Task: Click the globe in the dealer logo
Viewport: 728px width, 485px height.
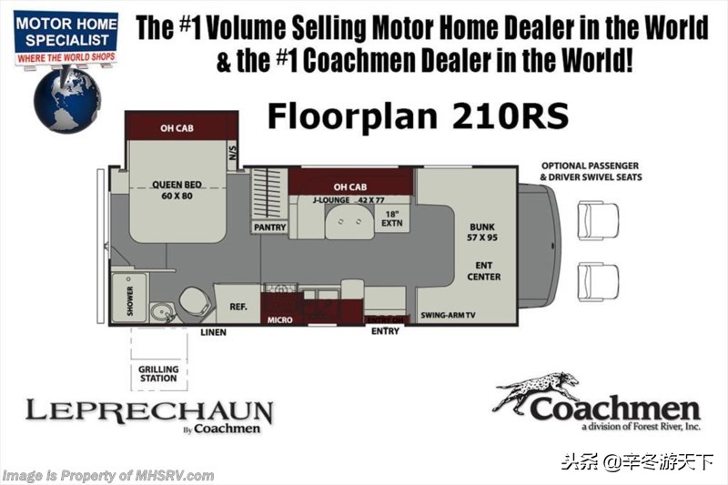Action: pyautogui.click(x=66, y=100)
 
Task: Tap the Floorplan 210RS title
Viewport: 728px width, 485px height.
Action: pyautogui.click(x=418, y=116)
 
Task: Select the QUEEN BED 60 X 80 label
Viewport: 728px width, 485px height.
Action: pyautogui.click(x=177, y=190)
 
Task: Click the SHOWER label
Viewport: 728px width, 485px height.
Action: pyautogui.click(x=130, y=300)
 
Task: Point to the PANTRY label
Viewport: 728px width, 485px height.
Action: pyautogui.click(x=269, y=227)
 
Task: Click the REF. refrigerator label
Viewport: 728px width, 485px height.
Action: pyautogui.click(x=238, y=307)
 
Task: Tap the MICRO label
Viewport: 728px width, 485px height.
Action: pyautogui.click(x=280, y=319)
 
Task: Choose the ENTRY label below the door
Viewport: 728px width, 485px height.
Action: pyautogui.click(x=385, y=331)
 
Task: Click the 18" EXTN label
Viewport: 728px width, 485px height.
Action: pyautogui.click(x=392, y=218)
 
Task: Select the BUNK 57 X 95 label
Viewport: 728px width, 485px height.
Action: pyautogui.click(x=482, y=232)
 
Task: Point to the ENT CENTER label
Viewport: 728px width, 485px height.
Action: pyautogui.click(x=484, y=271)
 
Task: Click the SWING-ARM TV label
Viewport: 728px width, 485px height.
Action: pyautogui.click(x=448, y=315)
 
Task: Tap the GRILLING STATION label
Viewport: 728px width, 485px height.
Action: pyautogui.click(x=158, y=374)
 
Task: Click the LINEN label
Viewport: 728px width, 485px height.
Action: pyautogui.click(x=214, y=332)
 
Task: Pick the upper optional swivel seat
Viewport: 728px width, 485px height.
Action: pyautogui.click(x=598, y=220)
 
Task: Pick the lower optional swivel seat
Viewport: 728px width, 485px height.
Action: pyautogui.click(x=598, y=282)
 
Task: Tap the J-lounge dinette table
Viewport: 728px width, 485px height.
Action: pyautogui.click(x=349, y=222)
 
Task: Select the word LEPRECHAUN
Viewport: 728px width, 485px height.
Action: pyautogui.click(x=149, y=411)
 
